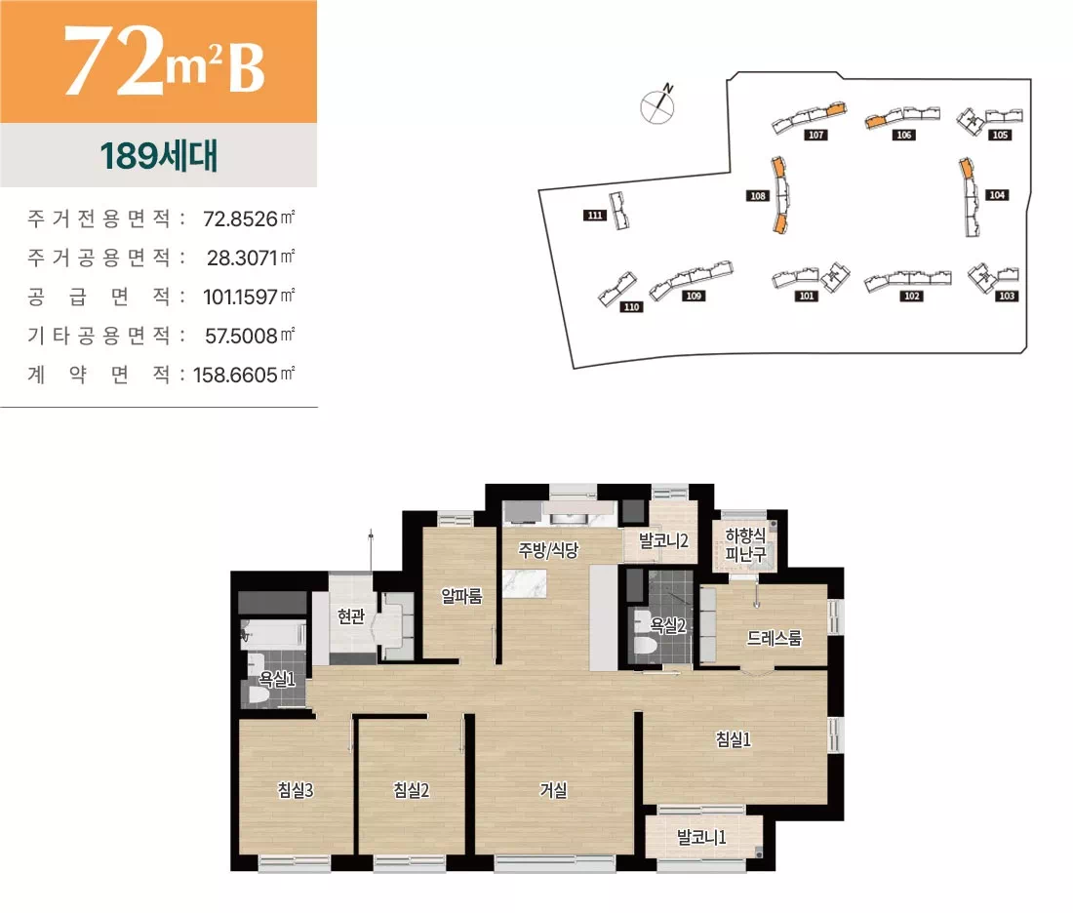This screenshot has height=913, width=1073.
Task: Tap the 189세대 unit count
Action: click(158, 156)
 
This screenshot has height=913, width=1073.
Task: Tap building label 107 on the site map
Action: click(817, 136)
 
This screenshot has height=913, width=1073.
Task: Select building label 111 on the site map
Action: click(595, 216)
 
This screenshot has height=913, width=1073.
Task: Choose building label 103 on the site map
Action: click(1008, 296)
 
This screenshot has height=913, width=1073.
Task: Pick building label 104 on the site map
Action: click(996, 195)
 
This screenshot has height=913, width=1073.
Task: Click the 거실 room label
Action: click(553, 790)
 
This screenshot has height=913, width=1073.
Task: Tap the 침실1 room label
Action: click(734, 739)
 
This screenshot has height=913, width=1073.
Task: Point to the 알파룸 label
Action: click(461, 596)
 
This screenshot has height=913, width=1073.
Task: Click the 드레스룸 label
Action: click(774, 639)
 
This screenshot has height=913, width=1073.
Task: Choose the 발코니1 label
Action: click(702, 837)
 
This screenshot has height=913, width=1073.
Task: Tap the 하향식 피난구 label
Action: click(745, 544)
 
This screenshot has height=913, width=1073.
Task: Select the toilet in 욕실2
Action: click(644, 647)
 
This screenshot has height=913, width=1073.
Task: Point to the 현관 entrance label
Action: click(351, 615)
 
